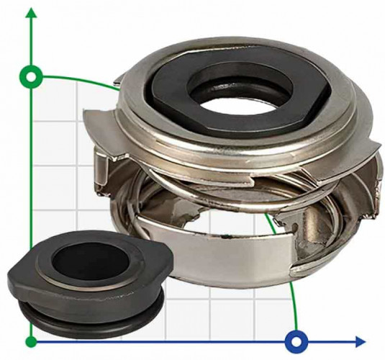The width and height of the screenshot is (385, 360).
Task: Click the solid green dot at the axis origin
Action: (x=30, y=340)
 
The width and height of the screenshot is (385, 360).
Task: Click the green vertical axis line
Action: (x=30, y=216)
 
